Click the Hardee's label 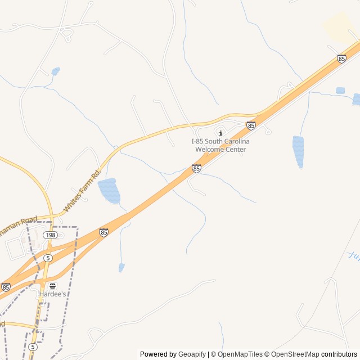pos(52,294)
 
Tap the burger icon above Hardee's pos(52,286)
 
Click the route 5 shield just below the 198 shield pos(48,258)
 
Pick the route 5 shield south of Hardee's pos(33,346)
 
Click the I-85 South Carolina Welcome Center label pos(220,145)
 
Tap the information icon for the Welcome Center pos(220,132)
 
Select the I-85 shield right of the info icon pos(251,125)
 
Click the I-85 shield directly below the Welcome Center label pos(196,168)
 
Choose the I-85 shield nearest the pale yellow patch pos(341,58)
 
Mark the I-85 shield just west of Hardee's pos(6,287)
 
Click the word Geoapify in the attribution pos(192,354)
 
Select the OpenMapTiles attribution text pos(236,354)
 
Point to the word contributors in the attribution pos(339,354)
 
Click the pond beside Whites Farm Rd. pos(109,191)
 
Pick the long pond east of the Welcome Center pos(298,151)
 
